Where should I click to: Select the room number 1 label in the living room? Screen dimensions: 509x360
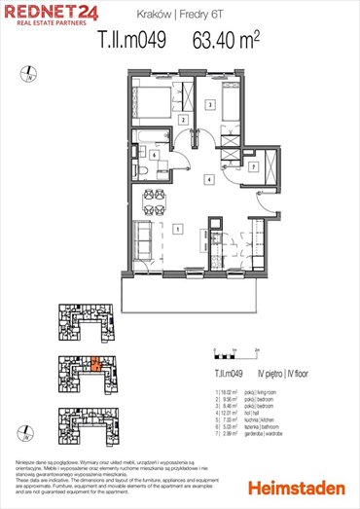click(x=176, y=230)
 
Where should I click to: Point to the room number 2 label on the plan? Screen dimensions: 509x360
click(x=183, y=120)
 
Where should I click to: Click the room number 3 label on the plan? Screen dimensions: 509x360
click(x=210, y=104)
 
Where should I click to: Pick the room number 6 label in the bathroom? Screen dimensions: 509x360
click(x=153, y=154)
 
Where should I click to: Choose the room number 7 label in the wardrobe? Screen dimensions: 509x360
click(x=253, y=167)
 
